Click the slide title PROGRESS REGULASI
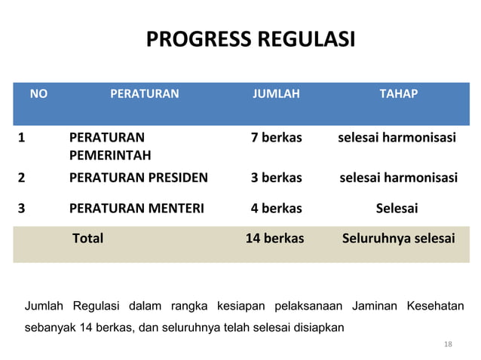click(x=249, y=39)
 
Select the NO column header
click(x=38, y=94)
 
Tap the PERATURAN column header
click(x=145, y=94)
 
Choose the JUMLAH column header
click(x=276, y=94)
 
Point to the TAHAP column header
click(x=397, y=94)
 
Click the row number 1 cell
click(x=22, y=139)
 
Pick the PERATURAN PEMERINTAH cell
click(x=110, y=147)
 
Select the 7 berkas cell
click(x=276, y=139)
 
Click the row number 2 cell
click(x=22, y=178)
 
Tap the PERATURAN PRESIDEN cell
click(x=139, y=178)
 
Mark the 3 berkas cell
click(x=276, y=178)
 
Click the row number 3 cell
click(x=22, y=208)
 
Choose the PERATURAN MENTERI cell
click(x=136, y=208)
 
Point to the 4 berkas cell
click(x=276, y=208)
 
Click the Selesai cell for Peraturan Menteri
click(x=397, y=208)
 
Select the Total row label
click(x=87, y=238)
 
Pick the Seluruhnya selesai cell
click(x=398, y=238)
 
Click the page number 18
click(x=449, y=344)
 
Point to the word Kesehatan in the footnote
click(x=435, y=306)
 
